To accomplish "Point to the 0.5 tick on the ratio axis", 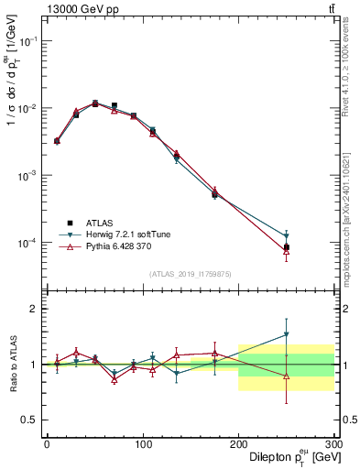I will point(30,420).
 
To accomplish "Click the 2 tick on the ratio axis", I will point(34,309).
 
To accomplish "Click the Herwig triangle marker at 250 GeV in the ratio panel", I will point(287,334).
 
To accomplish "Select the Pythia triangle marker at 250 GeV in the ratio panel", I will point(287,376).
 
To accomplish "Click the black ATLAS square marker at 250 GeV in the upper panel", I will point(287,247).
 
